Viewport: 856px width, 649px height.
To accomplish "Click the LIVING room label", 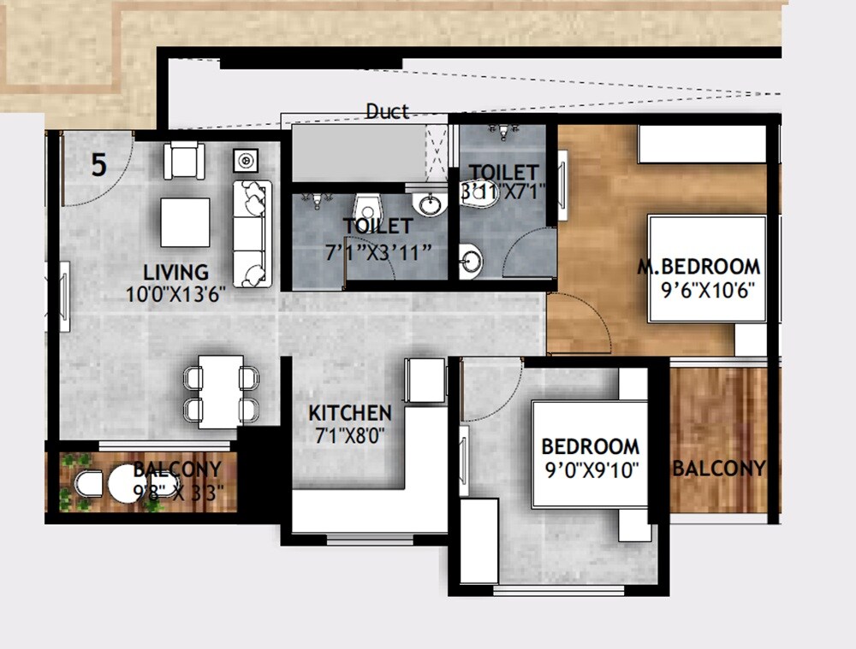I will (175, 273).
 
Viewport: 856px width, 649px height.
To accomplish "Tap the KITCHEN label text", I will (350, 413).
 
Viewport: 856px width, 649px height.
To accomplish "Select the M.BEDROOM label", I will (698, 265).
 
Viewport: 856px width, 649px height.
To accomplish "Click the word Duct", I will (387, 112).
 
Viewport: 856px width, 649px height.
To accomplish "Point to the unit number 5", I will (99, 165).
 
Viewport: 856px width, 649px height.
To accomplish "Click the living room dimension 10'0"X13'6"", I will (176, 294).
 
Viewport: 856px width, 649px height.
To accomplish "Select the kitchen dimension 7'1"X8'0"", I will (349, 434).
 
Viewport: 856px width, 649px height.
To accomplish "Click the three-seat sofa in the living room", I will (253, 233).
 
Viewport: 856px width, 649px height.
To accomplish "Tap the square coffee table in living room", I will (185, 222).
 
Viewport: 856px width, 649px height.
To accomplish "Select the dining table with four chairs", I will (221, 391).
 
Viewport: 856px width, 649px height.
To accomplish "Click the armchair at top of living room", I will (184, 159).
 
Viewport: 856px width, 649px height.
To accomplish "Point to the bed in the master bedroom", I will (707, 268).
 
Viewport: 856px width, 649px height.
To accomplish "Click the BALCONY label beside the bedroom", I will (718, 469).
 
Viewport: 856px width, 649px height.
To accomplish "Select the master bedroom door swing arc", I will (580, 322).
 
